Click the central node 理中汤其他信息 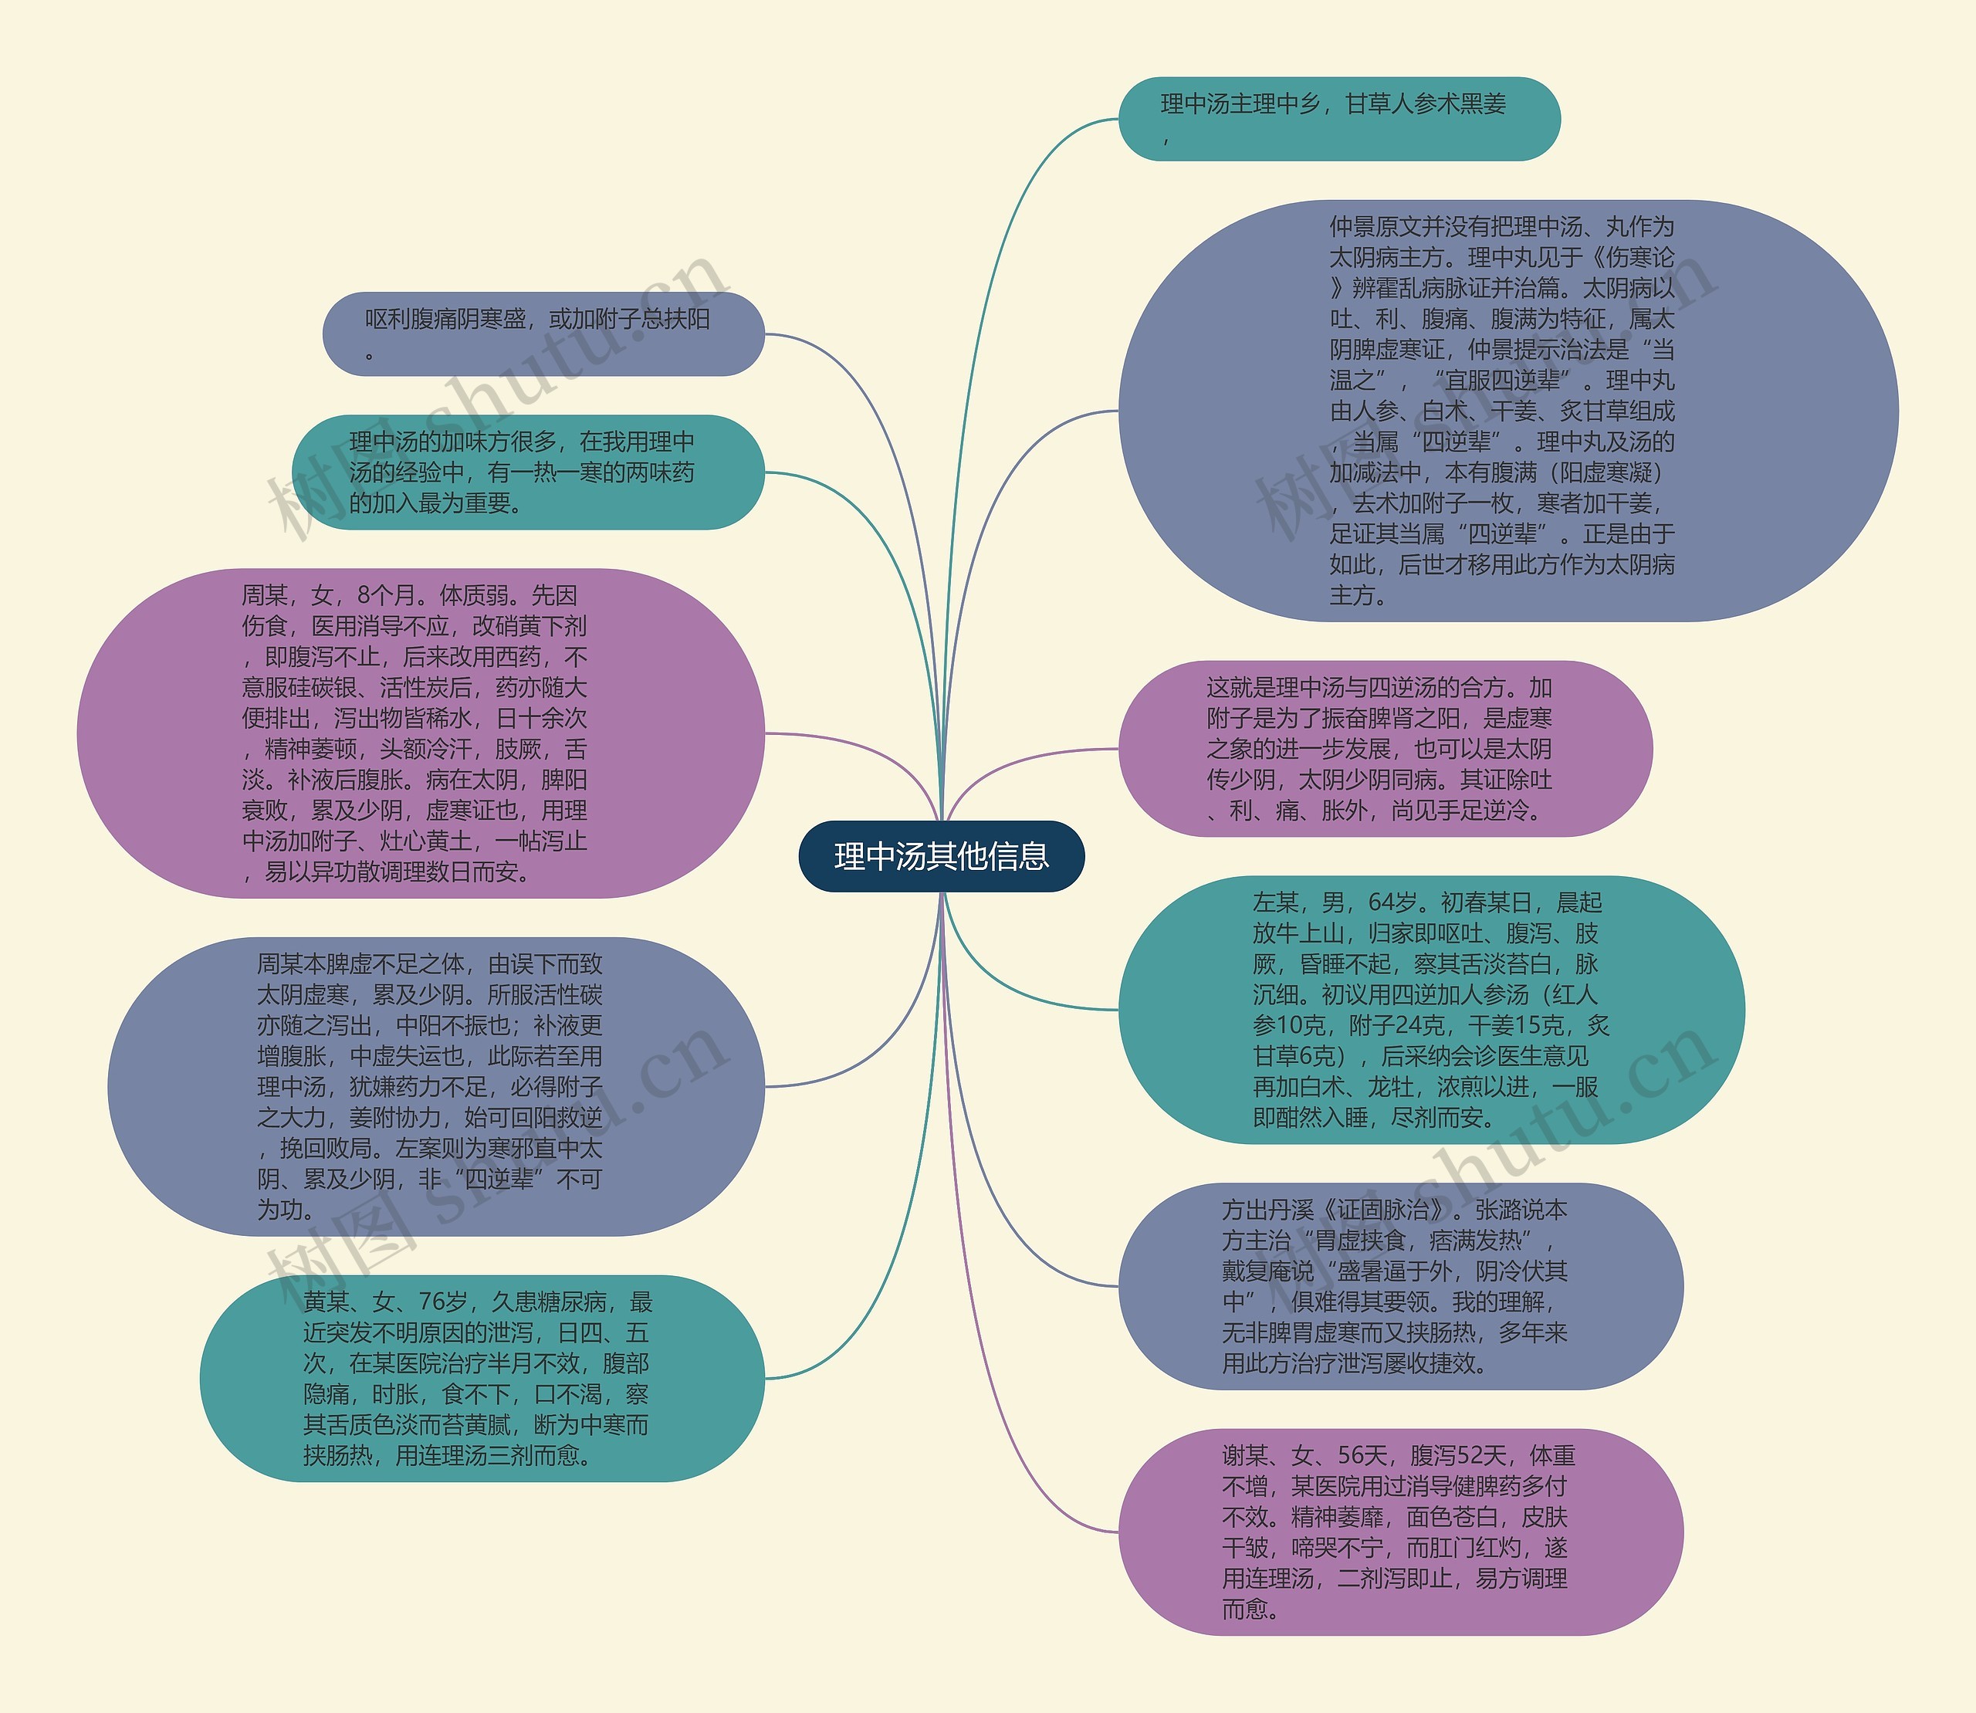pos(942,857)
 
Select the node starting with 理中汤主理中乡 pos(1338,119)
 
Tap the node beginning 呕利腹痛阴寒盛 pos(543,333)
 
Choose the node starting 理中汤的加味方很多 pos(528,472)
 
